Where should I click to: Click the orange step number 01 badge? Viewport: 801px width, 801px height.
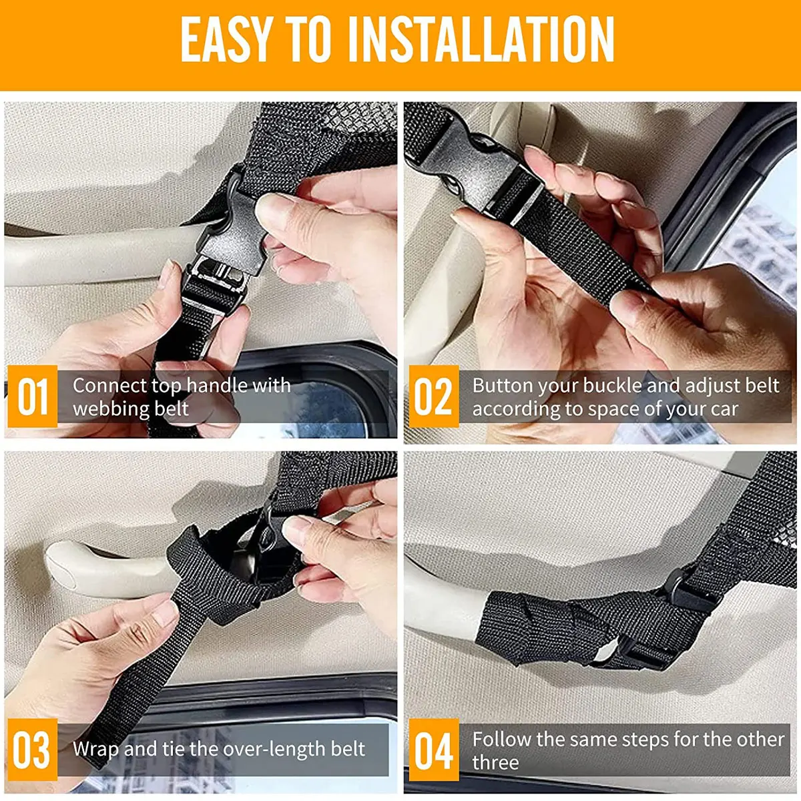32,396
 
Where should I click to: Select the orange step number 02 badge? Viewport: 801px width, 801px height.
433,396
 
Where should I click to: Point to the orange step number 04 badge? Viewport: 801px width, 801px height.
433,750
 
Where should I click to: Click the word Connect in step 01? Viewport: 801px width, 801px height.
109,385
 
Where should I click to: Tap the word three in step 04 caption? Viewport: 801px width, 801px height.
495,762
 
